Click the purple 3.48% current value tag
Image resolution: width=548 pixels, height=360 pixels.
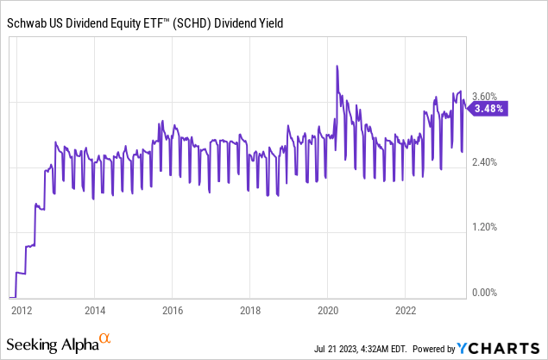click(x=491, y=109)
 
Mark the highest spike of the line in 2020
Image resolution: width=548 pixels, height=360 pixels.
click(x=337, y=66)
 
